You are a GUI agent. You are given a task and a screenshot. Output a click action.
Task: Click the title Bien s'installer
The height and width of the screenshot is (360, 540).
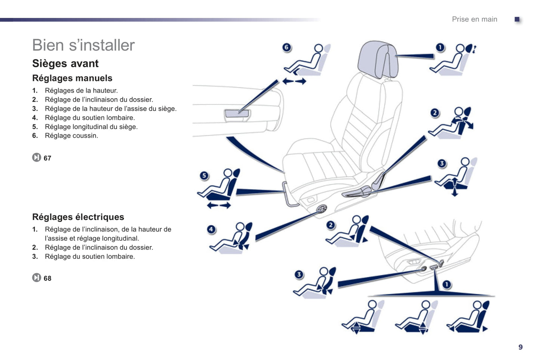pos(83,45)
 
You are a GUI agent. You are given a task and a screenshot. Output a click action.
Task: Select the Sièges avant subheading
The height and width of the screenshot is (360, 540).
pos(65,63)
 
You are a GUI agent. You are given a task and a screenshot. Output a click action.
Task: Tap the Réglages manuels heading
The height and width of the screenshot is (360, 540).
pos(72,78)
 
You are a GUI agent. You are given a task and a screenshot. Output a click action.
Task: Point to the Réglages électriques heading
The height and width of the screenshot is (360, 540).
pos(78,217)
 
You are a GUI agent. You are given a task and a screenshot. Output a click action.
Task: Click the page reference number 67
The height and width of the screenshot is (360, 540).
pos(47,158)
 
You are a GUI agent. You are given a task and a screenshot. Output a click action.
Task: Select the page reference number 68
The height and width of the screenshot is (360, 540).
pos(47,278)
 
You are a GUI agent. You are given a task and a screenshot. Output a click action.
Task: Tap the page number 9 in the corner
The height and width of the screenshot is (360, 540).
pos(521,347)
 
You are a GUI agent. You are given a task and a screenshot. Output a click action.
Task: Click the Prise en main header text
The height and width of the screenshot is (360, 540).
pos(474,19)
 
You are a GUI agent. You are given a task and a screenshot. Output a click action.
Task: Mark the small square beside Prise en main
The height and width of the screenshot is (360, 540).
pos(517,19)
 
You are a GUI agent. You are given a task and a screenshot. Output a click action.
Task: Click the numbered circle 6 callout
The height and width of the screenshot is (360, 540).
pos(287,47)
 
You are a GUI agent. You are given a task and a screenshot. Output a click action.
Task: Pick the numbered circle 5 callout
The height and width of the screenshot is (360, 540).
pos(204,176)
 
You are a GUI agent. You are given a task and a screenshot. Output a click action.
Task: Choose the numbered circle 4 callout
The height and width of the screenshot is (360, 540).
pos(212,229)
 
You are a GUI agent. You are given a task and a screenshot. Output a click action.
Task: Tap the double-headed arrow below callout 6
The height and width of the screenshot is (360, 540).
pos(294,81)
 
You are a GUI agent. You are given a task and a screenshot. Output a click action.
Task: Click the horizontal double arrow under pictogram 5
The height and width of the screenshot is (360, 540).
pos(219,205)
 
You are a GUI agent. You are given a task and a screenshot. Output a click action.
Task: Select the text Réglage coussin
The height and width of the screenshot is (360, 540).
pos(71,136)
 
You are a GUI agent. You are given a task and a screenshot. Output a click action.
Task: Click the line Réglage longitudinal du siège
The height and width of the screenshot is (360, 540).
pos(91,127)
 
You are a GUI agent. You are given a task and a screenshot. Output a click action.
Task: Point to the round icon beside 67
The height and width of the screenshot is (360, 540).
pos(36,158)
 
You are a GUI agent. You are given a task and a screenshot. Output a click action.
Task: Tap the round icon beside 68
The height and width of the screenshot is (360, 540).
pos(36,278)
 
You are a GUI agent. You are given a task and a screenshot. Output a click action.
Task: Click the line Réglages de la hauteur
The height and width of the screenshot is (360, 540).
pos(81,90)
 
